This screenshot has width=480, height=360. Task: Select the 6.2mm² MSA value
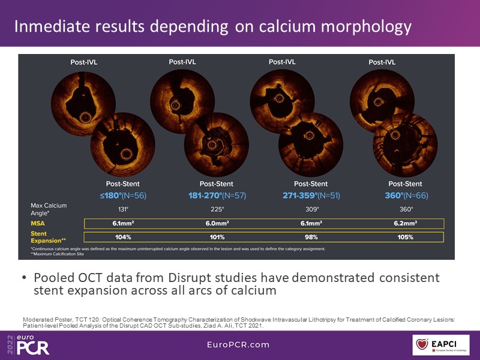[401, 223]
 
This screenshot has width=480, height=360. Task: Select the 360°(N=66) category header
[401, 196]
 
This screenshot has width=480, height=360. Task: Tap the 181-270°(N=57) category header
[216, 196]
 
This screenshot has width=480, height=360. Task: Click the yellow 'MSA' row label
[38, 223]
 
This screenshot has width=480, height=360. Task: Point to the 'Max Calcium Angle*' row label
[48, 209]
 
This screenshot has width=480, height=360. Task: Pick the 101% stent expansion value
[216, 236]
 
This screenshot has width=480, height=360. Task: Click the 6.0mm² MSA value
[216, 223]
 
